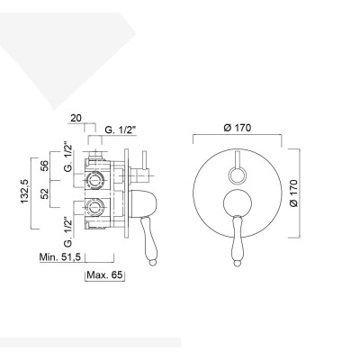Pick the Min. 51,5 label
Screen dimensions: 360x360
61,257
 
